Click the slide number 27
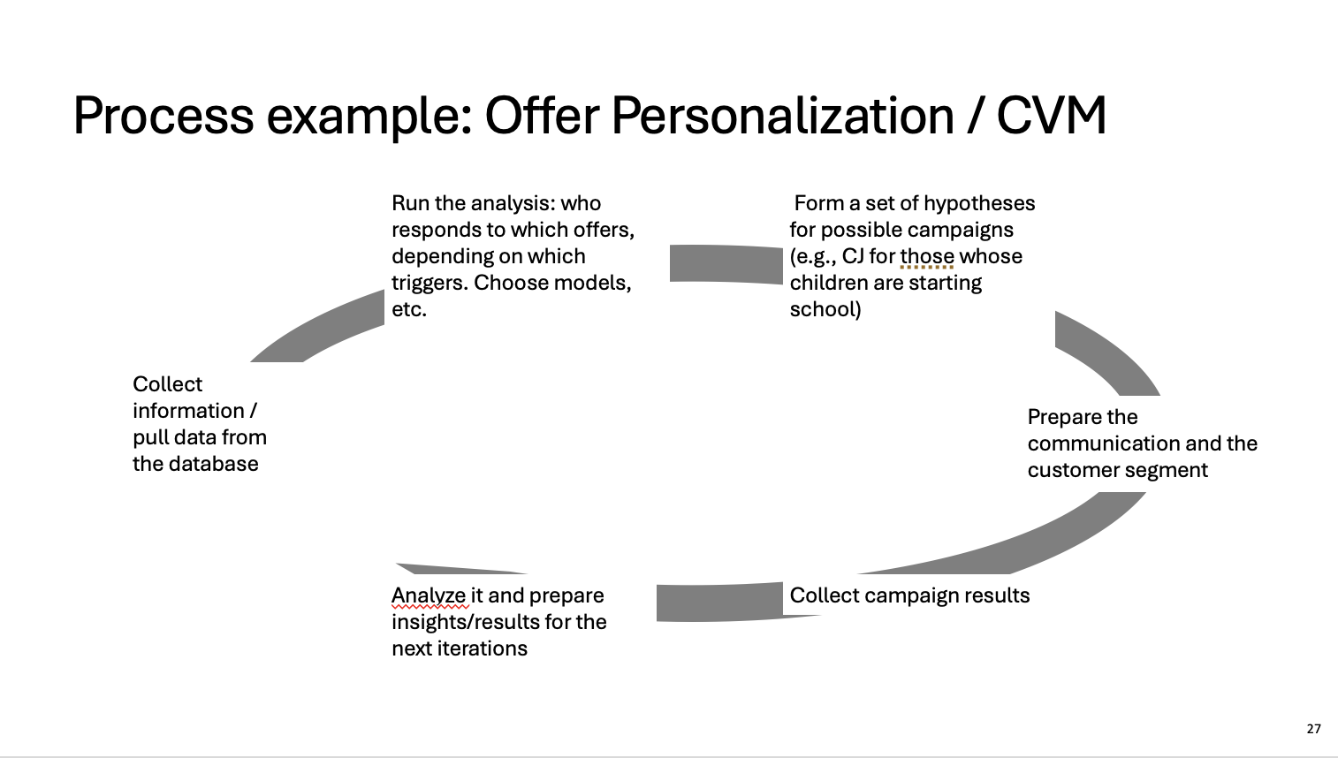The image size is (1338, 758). click(x=1313, y=729)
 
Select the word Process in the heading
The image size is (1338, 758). click(x=163, y=116)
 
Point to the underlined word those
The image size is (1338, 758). click(x=927, y=257)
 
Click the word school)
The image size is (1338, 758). click(x=825, y=309)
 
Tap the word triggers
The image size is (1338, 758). click(x=430, y=283)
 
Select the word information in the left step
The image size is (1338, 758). click(x=188, y=411)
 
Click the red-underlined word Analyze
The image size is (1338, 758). click(x=429, y=595)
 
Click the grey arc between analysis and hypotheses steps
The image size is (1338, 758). click(x=726, y=263)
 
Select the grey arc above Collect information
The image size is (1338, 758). click(x=317, y=326)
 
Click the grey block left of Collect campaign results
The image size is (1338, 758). click(x=719, y=603)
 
